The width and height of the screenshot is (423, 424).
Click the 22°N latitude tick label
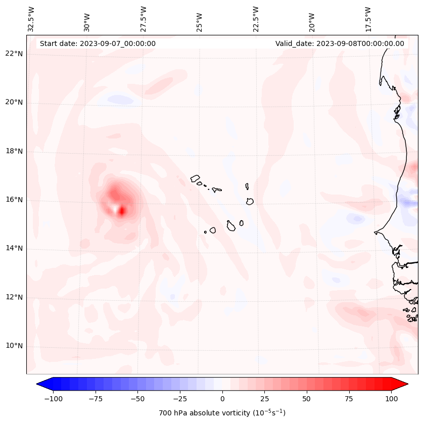(14, 54)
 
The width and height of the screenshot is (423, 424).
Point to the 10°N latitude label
(14, 346)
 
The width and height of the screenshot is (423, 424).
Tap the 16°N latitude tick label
(14, 200)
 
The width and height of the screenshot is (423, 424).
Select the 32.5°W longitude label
(31, 18)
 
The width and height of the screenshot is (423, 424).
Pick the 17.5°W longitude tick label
(368, 18)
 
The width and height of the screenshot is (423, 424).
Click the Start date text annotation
(98, 43)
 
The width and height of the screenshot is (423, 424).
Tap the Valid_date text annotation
(340, 43)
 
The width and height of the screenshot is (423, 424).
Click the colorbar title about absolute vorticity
(222, 413)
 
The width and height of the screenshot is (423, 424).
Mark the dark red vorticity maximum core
(122, 211)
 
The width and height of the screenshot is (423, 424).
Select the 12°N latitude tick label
(14, 297)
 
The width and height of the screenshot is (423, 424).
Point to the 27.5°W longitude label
(144, 18)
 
